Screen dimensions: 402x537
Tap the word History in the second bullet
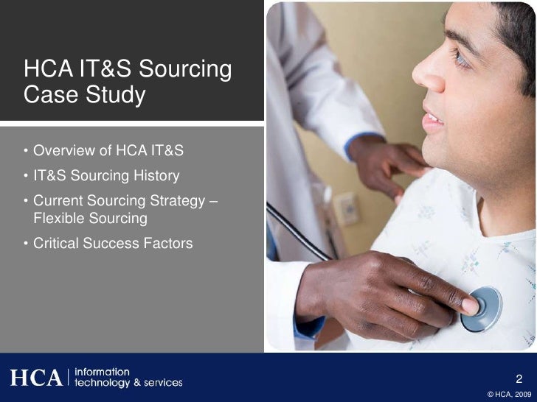point(156,177)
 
